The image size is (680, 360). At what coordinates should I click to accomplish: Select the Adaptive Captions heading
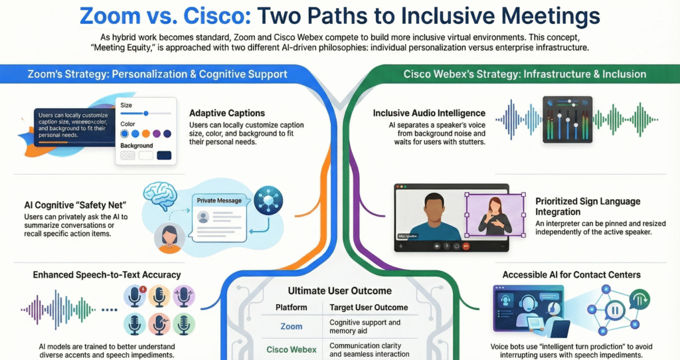(227, 113)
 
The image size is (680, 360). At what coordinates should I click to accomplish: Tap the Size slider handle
(145, 114)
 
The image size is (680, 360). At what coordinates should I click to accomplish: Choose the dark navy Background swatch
(163, 155)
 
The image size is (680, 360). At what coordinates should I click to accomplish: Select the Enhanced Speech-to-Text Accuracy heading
(107, 274)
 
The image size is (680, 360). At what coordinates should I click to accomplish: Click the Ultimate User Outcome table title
(339, 291)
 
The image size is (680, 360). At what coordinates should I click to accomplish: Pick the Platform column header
(292, 308)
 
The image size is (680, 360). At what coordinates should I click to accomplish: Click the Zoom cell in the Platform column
(292, 326)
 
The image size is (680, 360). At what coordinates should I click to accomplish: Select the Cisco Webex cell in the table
(292, 349)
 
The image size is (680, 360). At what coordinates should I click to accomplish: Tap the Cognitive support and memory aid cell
(365, 326)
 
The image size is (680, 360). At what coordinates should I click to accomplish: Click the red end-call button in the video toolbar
(467, 245)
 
